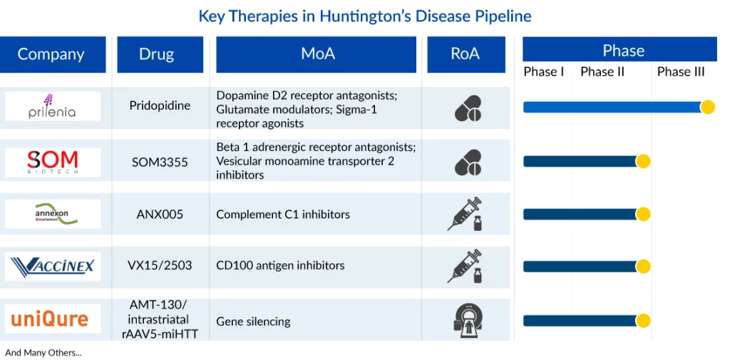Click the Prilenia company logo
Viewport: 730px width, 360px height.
click(53, 106)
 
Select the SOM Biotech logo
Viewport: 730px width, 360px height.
click(53, 162)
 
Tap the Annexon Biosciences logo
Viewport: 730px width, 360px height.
click(53, 214)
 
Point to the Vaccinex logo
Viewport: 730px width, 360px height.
click(53, 266)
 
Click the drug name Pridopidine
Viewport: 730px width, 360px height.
click(160, 106)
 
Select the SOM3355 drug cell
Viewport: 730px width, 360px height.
click(160, 162)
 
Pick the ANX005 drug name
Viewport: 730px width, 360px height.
click(160, 215)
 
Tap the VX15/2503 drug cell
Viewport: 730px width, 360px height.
click(160, 265)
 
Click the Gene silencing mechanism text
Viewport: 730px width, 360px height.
click(253, 322)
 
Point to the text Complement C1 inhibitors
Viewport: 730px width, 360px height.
click(283, 215)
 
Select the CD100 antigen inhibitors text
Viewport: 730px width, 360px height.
click(280, 265)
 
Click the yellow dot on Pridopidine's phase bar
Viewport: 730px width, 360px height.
click(708, 107)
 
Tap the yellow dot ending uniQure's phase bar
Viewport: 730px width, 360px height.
click(644, 320)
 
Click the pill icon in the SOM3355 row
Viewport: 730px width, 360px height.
click(468, 163)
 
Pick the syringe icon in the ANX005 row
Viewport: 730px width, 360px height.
click(465, 214)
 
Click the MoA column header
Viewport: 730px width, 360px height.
click(316, 54)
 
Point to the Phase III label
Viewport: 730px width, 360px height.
click(681, 72)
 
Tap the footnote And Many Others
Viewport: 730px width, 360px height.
click(43, 353)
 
